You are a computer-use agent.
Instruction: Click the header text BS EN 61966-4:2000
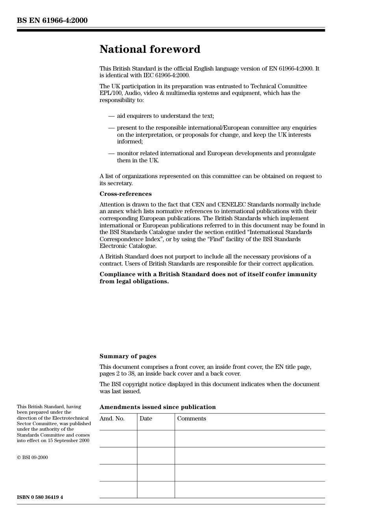52,20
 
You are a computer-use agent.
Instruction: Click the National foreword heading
150,49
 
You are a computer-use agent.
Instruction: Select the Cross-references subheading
125,194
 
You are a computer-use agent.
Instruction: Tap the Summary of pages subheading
128,356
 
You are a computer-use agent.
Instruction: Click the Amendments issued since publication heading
157,407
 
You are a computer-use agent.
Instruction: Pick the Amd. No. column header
112,418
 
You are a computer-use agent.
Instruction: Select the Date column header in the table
146,418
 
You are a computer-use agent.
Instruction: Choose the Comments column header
191,418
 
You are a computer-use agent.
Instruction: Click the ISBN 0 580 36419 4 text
40,497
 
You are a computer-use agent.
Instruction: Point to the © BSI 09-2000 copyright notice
32,457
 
